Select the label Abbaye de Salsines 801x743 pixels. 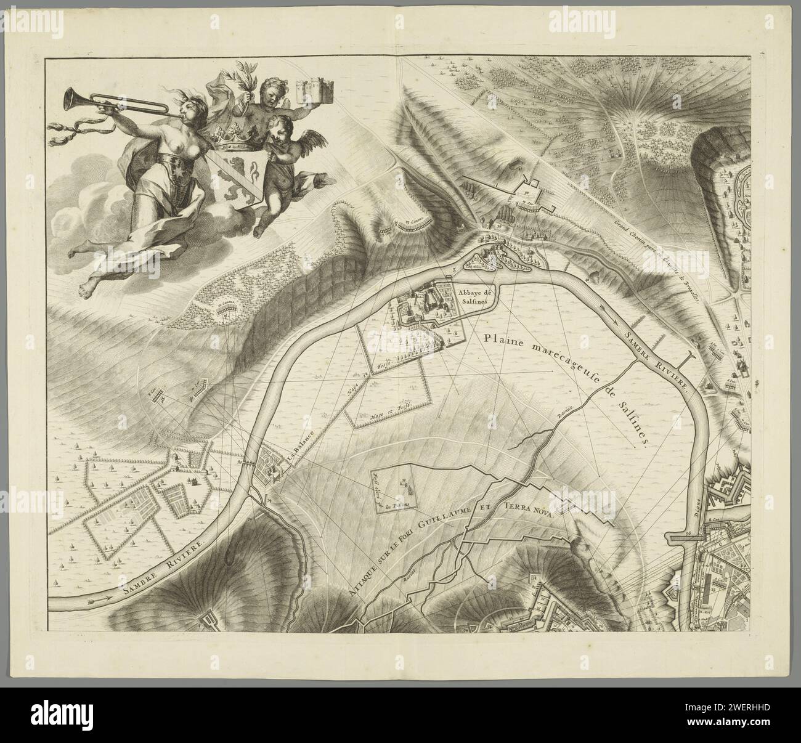coord(471,298)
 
